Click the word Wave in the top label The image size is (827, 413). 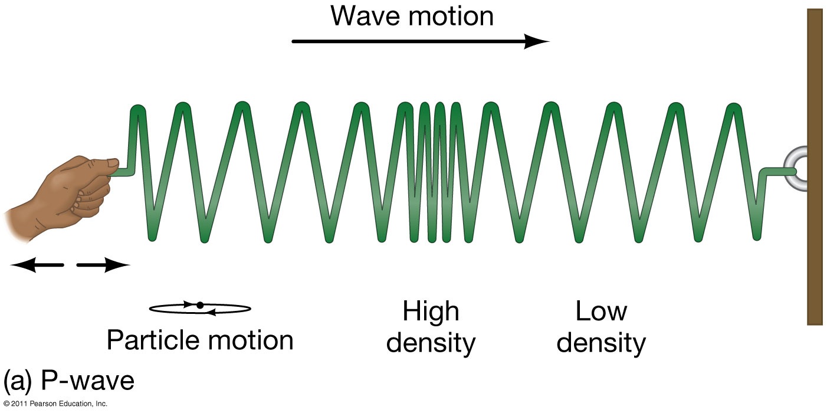(367, 16)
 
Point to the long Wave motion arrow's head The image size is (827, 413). (538, 41)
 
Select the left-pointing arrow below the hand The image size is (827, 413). (35, 265)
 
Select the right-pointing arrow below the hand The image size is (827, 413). (104, 265)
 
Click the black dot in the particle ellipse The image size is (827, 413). (200, 305)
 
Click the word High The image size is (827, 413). (431, 312)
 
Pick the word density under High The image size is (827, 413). (431, 343)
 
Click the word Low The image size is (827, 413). (601, 312)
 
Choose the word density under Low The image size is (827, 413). (601, 343)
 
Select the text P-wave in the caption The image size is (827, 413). (87, 382)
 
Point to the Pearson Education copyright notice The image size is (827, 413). (55, 405)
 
